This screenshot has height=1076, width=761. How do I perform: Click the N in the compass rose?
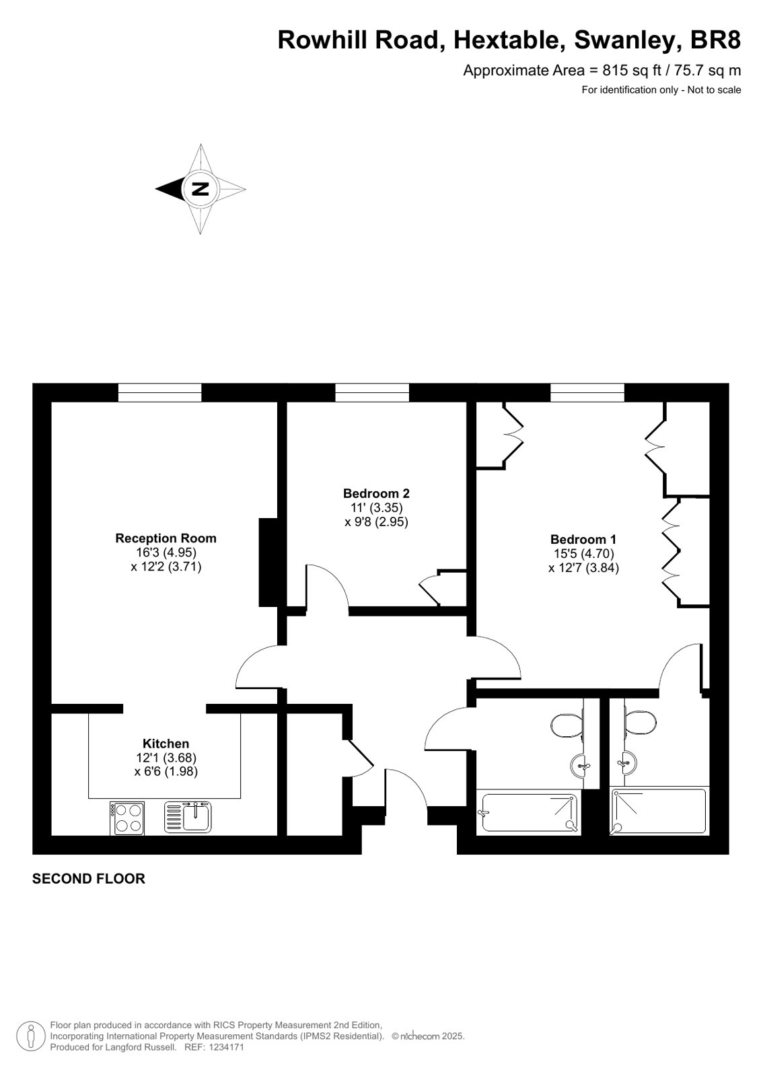coord(201,188)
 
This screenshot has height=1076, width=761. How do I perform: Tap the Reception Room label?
coord(166,538)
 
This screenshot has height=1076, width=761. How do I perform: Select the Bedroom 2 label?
coord(376,493)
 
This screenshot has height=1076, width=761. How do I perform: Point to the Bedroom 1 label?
coord(583,540)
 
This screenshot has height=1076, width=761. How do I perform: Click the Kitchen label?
coord(166,744)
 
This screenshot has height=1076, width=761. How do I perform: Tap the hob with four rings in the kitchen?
coord(127,818)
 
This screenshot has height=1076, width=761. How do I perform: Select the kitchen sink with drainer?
coord(188,817)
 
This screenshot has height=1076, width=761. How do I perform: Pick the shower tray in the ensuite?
coord(659,812)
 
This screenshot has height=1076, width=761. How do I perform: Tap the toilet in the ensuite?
coord(641,723)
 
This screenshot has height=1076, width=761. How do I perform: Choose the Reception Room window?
coord(160,392)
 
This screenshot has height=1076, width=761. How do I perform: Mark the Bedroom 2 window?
coord(372,392)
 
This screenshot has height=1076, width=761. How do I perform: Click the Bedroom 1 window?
coord(587,392)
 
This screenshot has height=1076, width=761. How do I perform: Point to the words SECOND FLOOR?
coord(88,879)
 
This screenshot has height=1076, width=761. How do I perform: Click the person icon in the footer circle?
coord(31,1036)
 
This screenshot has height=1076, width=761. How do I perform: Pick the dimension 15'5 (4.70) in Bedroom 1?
coord(584,554)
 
